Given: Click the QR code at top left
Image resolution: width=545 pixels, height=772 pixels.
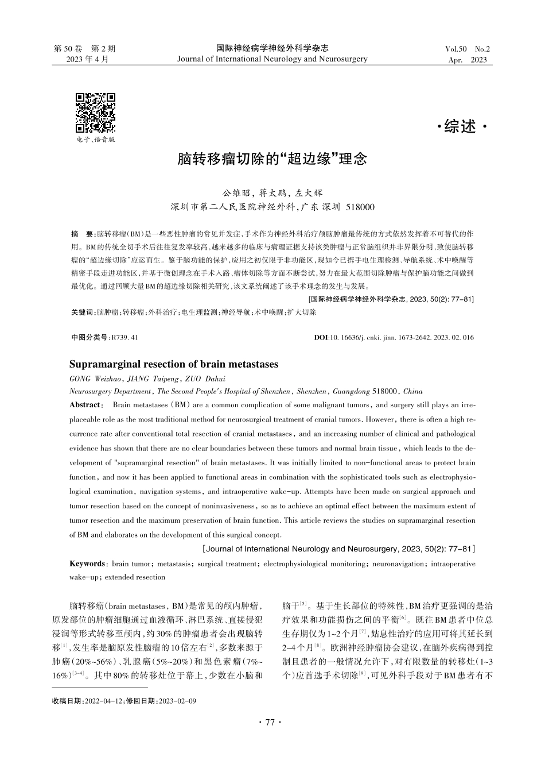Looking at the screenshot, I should tap(96, 113).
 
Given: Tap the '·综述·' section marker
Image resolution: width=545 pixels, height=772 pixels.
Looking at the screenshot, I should tap(461, 128).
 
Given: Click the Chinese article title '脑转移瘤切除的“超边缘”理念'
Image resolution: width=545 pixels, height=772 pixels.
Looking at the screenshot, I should tap(272, 159).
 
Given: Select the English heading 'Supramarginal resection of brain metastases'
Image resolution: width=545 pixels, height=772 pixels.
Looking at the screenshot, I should tap(174, 364).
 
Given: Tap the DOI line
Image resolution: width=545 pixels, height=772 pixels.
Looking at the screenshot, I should tap(394, 338).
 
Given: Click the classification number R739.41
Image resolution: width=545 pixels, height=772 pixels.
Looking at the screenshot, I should tap(125, 338).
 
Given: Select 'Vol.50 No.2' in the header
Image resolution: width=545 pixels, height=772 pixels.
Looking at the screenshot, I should tap(468, 49).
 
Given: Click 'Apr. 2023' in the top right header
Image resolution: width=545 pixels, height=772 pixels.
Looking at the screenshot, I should tap(468, 60).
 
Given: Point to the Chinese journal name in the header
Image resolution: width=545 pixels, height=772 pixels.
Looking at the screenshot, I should tap(272, 48).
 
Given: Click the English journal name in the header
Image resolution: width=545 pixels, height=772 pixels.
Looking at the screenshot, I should tap(272, 59).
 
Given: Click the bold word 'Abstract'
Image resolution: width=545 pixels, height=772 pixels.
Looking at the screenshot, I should tap(84, 405).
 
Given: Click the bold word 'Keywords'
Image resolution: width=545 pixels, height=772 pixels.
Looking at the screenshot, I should tap(87, 564).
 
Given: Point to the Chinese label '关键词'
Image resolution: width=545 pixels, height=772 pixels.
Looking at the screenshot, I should tap(83, 312).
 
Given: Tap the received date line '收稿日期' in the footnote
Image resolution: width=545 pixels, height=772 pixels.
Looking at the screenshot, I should tap(124, 701).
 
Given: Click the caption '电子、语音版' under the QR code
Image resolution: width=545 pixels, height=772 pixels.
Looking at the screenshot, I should tap(96, 140).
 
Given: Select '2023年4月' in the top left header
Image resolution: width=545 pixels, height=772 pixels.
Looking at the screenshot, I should tap(87, 59).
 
